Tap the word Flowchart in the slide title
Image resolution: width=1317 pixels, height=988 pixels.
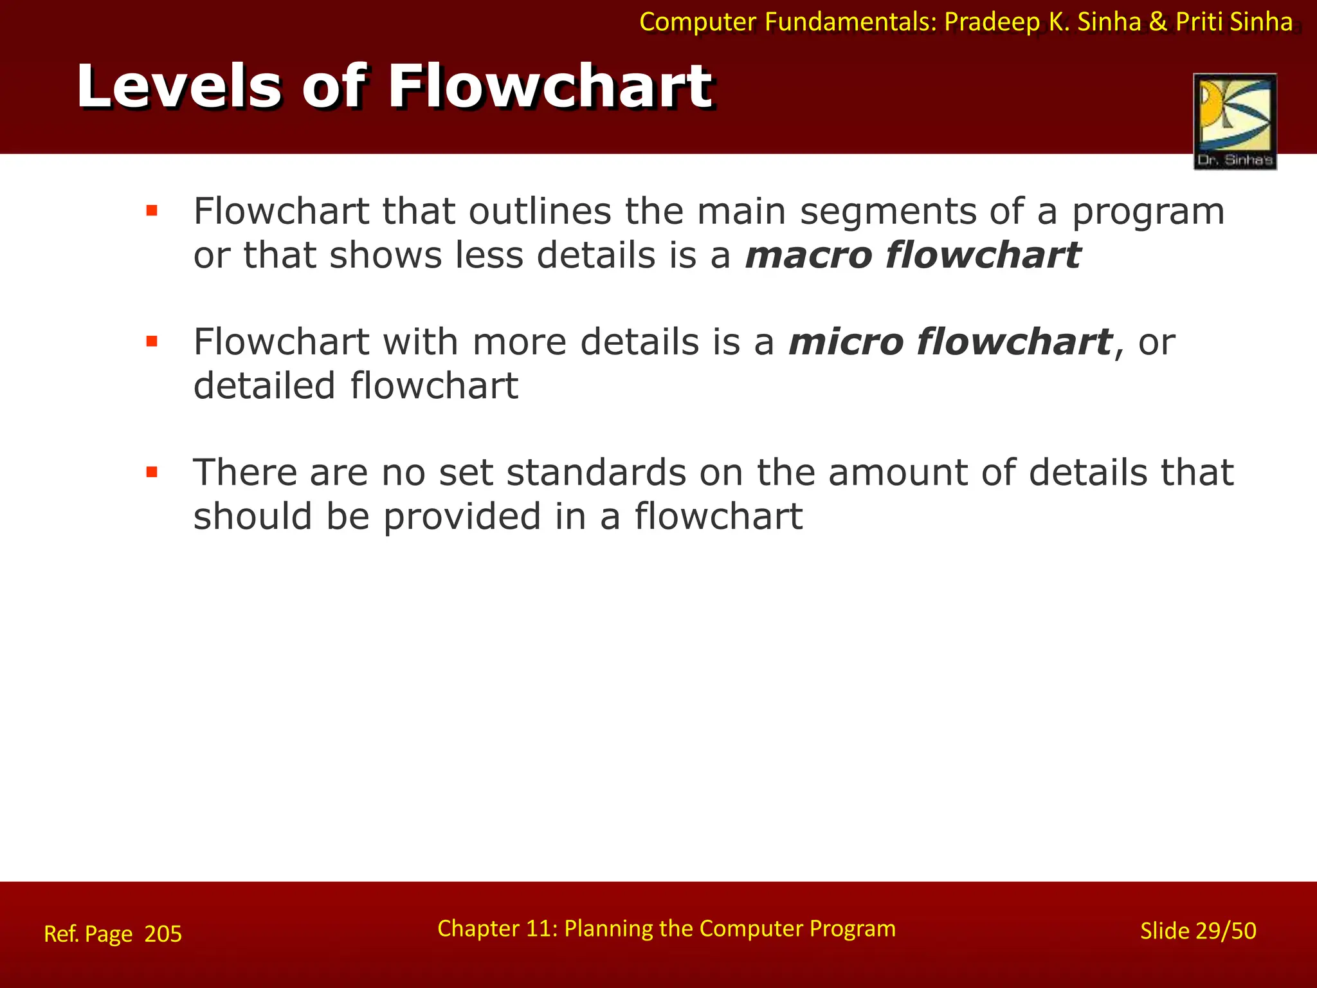pos(550,87)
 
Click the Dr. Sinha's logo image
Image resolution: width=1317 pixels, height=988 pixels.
pos(1235,121)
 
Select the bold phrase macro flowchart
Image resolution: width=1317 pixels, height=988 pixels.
pos(913,255)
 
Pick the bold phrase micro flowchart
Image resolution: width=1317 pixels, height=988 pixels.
pos(950,342)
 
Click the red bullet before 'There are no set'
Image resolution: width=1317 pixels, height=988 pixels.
pos(152,473)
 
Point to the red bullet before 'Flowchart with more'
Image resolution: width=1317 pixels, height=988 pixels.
pos(152,342)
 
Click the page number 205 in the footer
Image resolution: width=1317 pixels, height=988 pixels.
pos(163,933)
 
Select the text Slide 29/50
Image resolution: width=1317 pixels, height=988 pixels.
pos(1197,931)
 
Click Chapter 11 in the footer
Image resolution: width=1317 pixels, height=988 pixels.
pos(494,928)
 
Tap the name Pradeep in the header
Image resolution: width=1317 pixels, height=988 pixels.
pos(991,23)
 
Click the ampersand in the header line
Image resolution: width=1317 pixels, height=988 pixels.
pos(1158,23)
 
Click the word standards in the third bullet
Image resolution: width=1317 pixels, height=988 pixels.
pos(596,473)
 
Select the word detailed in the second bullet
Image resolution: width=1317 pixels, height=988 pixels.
pos(264,385)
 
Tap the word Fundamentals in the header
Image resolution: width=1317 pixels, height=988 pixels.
pos(851,23)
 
